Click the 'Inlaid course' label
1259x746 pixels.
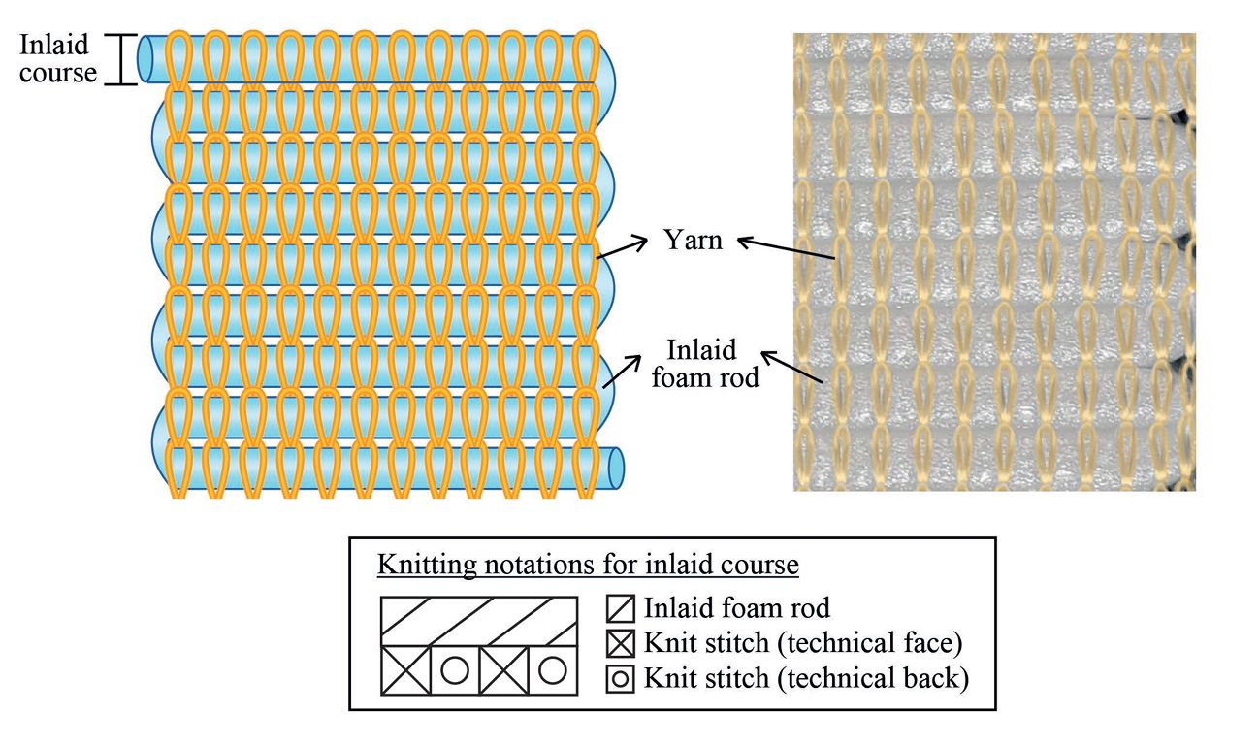click(x=58, y=58)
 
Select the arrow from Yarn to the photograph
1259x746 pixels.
click(x=785, y=249)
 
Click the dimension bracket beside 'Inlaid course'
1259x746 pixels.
click(x=120, y=60)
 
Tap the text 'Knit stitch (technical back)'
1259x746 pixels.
click(x=806, y=678)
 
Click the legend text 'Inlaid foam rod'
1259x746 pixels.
click(x=737, y=609)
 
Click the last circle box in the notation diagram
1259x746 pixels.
click(x=552, y=669)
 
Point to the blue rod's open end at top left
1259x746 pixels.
click(x=146, y=60)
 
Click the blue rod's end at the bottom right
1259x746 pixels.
click(x=616, y=467)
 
